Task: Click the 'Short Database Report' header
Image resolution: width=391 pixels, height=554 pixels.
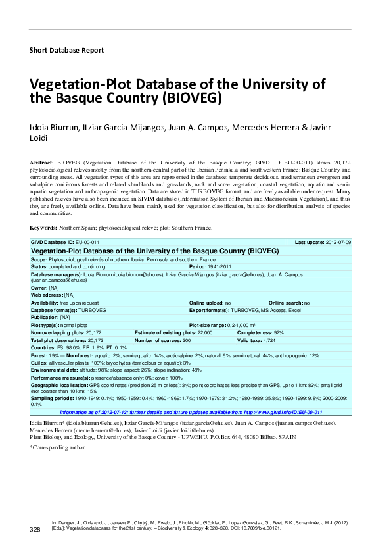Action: (x=67, y=50)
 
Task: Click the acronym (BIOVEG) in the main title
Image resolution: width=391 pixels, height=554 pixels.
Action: (x=191, y=99)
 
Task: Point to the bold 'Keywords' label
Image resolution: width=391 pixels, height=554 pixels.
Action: (x=43, y=227)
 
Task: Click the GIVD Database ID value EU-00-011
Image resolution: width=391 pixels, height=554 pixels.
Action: (x=87, y=243)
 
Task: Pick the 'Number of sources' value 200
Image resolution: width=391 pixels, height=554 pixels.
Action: (x=186, y=340)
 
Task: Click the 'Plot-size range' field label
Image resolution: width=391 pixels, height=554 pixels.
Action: (x=208, y=326)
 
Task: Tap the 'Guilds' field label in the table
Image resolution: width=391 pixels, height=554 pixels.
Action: (x=39, y=363)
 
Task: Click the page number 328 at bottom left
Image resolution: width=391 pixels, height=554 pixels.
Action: (x=36, y=529)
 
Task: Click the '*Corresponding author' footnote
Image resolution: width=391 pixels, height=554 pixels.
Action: (x=58, y=447)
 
